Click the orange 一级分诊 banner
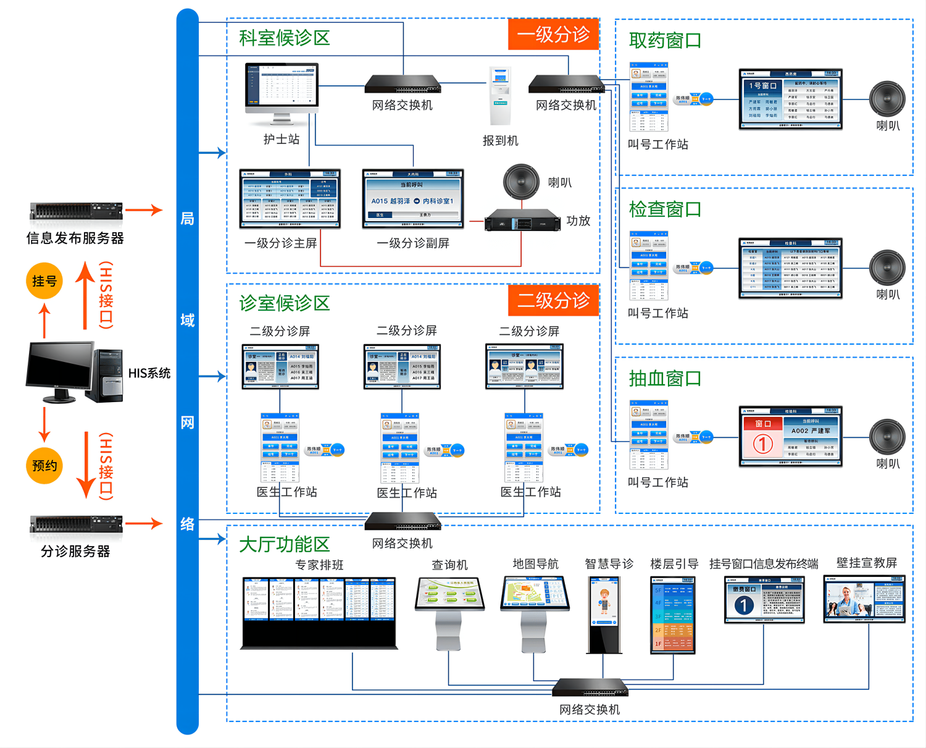point(553,35)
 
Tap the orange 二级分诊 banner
point(553,301)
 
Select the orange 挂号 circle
point(44,281)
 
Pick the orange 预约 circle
point(44,465)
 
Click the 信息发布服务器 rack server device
point(76,212)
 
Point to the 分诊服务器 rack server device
point(76,524)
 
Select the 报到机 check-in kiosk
point(501,96)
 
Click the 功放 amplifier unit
point(522,220)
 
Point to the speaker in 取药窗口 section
point(887,99)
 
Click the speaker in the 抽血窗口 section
point(887,437)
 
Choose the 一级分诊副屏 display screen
point(413,199)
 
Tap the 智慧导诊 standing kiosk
point(604,614)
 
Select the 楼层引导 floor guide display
point(673,615)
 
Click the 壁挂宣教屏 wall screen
point(864,599)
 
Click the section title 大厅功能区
point(285,544)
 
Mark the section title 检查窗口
point(665,209)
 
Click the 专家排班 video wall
point(319,611)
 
